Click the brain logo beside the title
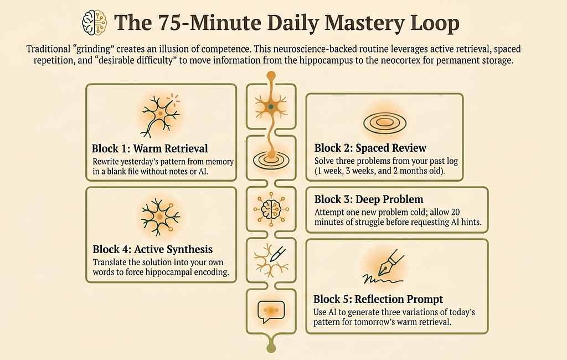tap(94, 23)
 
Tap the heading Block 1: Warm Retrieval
tap(150, 148)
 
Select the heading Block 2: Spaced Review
tap(370, 148)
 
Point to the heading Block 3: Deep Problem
tap(368, 199)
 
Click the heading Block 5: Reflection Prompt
tap(378, 299)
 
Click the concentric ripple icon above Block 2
tap(385, 123)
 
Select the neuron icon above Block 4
tap(161, 217)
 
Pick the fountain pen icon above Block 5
tap(384, 266)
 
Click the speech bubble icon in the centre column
tap(271, 311)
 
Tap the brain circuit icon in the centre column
tap(271, 209)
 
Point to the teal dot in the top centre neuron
tap(271, 107)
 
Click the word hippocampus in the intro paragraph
tap(326, 60)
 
